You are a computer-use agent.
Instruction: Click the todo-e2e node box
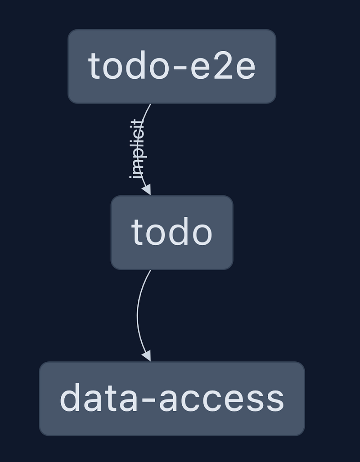172,66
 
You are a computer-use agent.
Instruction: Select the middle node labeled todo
172,233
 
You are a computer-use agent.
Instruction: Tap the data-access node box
172,399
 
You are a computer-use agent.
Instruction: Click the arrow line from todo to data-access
137,315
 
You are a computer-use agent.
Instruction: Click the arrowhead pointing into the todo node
147,189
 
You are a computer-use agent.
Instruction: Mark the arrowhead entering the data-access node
147,356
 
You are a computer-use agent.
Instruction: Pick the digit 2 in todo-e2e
223,65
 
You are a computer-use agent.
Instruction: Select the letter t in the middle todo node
137,233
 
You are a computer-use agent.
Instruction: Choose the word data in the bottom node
99,398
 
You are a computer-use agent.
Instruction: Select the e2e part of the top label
223,65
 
